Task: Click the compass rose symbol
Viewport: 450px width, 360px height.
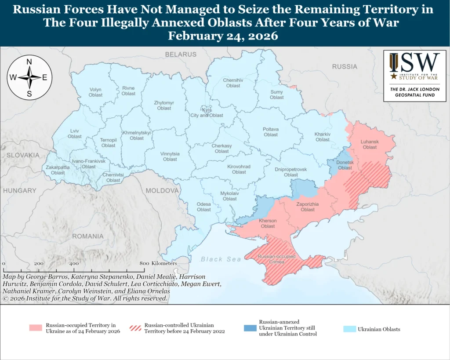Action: click(29, 77)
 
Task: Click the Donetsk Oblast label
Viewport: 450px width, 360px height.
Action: click(345, 165)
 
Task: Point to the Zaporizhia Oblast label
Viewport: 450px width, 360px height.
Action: click(308, 207)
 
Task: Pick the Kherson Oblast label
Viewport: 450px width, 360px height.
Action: click(268, 223)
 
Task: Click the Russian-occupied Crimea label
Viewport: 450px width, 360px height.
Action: click(277, 259)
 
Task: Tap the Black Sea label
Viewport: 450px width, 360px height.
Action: click(221, 259)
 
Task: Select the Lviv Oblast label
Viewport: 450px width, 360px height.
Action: click(75, 134)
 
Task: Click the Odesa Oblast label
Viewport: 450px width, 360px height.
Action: click(203, 207)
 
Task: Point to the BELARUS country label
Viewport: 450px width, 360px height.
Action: click(181, 54)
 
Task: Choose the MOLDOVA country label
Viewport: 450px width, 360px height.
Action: click(162, 190)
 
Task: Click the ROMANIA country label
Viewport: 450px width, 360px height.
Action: click(88, 236)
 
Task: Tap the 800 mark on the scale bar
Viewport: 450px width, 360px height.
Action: click(144, 263)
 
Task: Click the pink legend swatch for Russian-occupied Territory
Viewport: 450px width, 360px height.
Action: click(36, 328)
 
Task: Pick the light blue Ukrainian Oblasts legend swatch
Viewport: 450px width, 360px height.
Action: click(349, 329)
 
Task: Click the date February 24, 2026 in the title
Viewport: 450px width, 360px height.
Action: click(223, 36)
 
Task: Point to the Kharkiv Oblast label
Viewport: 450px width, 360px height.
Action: click(322, 137)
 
